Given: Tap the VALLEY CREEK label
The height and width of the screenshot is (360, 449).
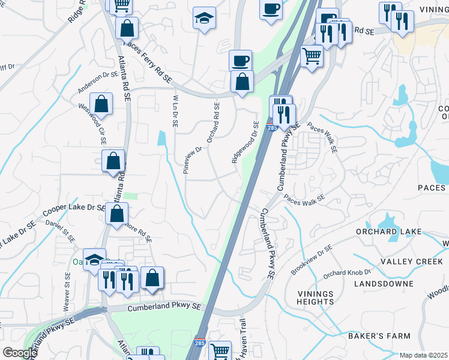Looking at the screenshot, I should click(x=411, y=261).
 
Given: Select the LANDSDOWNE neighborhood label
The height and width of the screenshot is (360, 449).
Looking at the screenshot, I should click(x=384, y=283).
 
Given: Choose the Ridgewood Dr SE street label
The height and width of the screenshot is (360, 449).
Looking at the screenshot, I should click(x=246, y=142).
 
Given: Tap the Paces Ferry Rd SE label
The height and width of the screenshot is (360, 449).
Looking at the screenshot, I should click(x=147, y=62).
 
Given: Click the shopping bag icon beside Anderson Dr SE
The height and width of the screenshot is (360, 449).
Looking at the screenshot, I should click(x=102, y=104).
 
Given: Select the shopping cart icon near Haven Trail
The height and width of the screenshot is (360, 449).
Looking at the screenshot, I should click(x=220, y=350).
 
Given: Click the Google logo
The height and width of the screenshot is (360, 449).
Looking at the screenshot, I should click(x=20, y=353).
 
